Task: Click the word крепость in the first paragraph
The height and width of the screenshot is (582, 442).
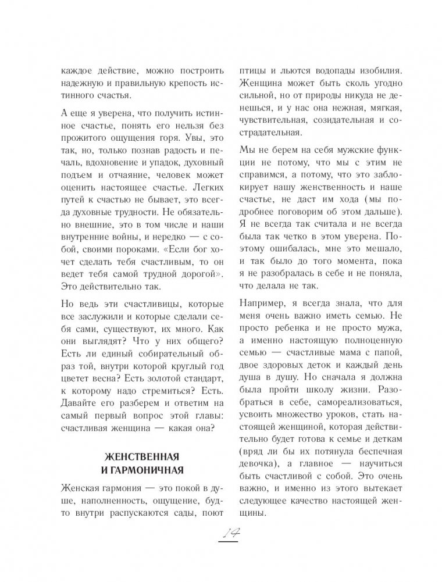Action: (x=175, y=81)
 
